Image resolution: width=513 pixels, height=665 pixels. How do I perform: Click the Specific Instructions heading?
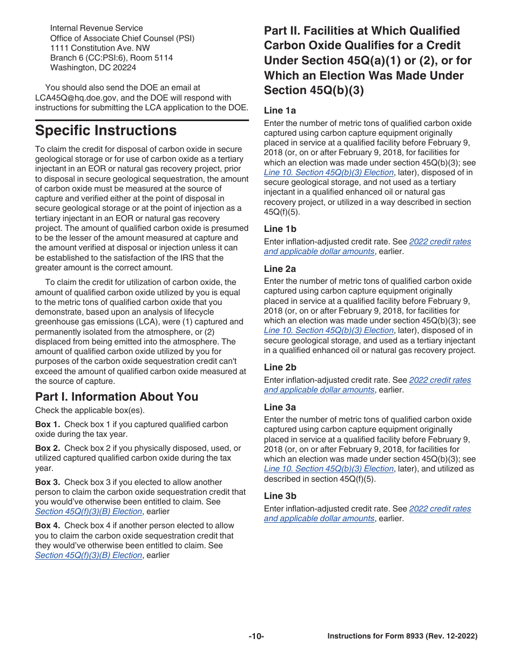106,131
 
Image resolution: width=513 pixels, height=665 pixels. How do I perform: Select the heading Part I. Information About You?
117,397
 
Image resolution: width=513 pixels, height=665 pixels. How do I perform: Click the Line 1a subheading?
280,110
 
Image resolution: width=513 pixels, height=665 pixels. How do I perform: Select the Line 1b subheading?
280,229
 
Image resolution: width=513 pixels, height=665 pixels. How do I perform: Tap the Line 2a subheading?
280,269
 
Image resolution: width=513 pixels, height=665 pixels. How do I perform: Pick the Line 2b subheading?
280,367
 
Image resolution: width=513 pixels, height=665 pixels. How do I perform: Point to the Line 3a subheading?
280,407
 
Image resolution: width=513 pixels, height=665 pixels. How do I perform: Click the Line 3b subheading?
280,496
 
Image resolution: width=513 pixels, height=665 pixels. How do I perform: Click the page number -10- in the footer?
256,636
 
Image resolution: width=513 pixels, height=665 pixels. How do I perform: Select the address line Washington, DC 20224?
93,68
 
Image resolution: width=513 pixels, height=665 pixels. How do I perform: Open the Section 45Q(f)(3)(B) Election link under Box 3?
89,511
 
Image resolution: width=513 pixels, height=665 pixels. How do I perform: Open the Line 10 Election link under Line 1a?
328,172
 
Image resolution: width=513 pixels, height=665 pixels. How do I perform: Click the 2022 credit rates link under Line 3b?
440,509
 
